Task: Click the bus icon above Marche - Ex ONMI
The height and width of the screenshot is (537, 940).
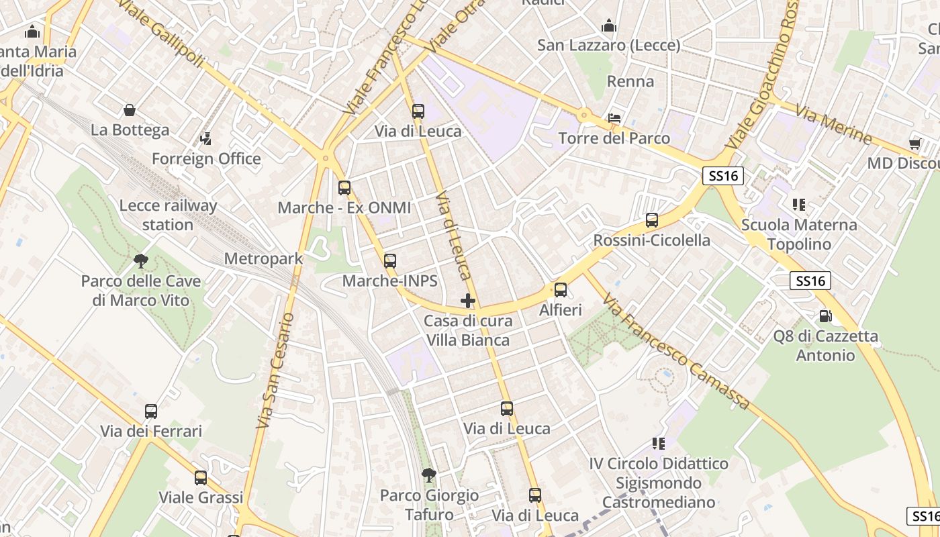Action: pos(344,188)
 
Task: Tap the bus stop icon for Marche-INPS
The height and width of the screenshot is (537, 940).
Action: pos(390,261)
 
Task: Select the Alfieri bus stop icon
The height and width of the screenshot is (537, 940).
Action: pos(561,290)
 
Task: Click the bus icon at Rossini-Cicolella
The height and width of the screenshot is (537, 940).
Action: pos(651,220)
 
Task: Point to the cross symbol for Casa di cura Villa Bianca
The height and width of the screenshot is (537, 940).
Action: pos(468,301)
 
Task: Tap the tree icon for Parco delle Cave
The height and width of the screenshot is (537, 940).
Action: pos(140,260)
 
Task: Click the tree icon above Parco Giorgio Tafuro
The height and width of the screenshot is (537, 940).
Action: pos(428,475)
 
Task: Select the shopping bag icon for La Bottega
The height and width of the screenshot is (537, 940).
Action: pos(130,110)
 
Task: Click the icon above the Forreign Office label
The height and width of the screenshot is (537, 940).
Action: pos(206,139)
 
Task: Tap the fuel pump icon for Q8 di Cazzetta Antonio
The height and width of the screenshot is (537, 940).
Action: pos(825,315)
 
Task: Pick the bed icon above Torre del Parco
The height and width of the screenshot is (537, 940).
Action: pos(614,118)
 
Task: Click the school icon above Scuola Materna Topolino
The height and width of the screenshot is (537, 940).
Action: pos(798,204)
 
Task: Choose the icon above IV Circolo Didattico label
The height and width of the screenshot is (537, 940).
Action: pos(658,443)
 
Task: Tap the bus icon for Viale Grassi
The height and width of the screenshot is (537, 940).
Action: pos(201,478)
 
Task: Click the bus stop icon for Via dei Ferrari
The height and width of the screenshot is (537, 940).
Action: pos(151,411)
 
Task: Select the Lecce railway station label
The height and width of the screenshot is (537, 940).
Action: pos(168,215)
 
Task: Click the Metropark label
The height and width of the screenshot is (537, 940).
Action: pos(263,258)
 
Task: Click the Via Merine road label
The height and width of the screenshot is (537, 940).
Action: pos(833,126)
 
